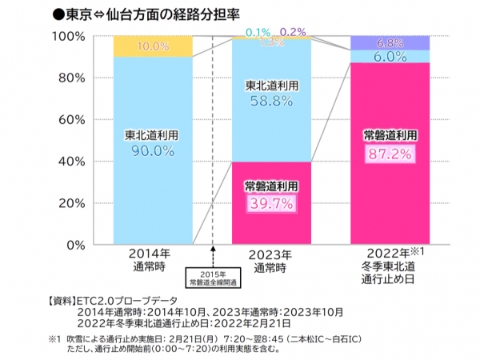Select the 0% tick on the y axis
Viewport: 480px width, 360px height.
(78, 245)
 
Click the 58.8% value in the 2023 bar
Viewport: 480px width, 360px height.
(270, 102)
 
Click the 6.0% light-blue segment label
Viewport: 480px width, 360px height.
(390, 57)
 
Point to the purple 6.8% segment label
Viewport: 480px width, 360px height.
(390, 43)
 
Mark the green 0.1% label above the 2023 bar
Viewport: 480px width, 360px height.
(258, 31)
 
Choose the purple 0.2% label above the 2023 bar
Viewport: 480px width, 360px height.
(293, 31)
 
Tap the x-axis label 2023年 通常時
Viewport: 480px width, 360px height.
(270, 260)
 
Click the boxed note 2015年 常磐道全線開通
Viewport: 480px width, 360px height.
(212, 279)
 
